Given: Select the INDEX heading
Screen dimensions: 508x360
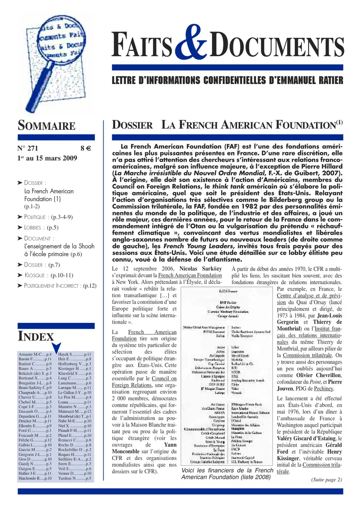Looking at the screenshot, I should coord(36,336).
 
